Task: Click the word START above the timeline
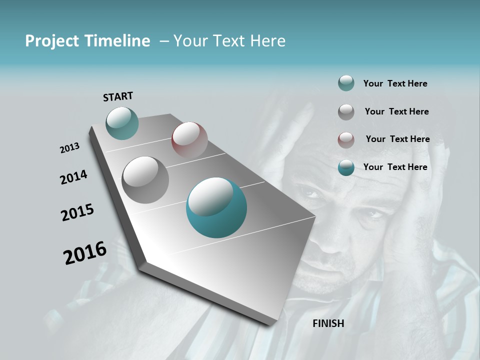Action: point(118,96)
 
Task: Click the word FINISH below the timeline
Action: point(328,323)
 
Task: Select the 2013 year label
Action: point(70,148)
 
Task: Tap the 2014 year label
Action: point(74,177)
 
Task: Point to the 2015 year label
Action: point(77,212)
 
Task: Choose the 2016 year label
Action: point(85,253)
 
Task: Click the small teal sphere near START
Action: point(122,123)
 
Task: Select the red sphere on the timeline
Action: point(189,140)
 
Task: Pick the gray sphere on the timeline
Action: point(145,179)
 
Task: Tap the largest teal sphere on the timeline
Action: point(216,207)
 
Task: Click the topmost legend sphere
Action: point(346,83)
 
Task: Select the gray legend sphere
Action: point(346,111)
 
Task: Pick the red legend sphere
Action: point(346,139)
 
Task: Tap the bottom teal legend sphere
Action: point(346,167)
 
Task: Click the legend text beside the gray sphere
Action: point(396,111)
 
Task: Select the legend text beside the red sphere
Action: point(397,139)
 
